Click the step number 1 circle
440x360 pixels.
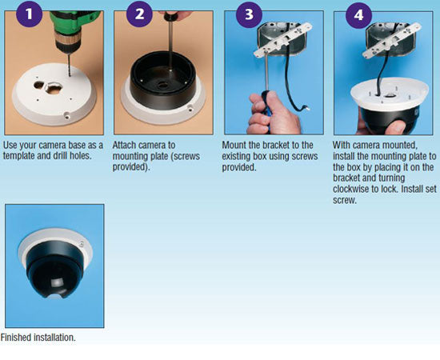[29, 14]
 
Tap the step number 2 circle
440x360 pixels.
[139, 14]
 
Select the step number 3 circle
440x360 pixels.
[249, 14]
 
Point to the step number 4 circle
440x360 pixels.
[358, 15]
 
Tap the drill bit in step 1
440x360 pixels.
[69, 65]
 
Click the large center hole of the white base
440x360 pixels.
[54, 88]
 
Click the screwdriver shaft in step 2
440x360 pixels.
[170, 46]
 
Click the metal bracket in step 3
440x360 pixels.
[282, 39]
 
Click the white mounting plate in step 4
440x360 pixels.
[390, 93]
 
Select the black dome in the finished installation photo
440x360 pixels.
[54, 270]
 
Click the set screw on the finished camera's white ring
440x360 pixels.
[82, 243]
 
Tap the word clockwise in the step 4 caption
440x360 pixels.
[350, 189]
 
